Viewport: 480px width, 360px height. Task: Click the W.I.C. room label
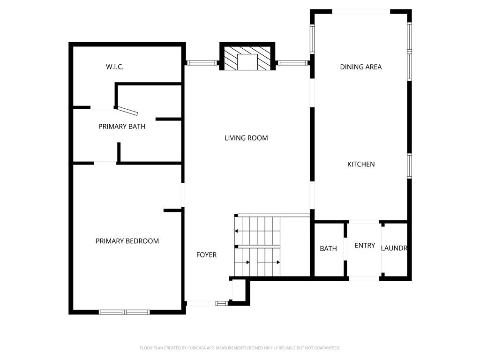pos(115,67)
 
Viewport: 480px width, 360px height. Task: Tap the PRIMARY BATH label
pos(122,127)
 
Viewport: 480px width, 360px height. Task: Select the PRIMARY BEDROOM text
pos(127,241)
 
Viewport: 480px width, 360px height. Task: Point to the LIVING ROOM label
pos(246,138)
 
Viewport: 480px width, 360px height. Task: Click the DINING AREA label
pos(361,67)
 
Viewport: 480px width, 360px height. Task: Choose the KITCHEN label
pos(361,165)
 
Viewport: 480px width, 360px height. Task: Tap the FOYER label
pos(206,255)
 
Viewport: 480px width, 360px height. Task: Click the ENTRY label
pos(365,246)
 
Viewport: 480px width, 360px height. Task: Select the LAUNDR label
pos(394,248)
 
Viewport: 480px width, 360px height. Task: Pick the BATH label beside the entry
pos(329,248)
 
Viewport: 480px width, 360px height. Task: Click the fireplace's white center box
pos(247,62)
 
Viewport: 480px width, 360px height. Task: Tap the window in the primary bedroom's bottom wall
pos(124,312)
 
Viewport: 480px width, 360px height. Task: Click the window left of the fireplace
pos(202,63)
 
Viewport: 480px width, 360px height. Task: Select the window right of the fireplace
pos(292,63)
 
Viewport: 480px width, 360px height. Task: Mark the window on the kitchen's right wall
pos(409,165)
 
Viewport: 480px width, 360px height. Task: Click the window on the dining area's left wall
pos(312,39)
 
